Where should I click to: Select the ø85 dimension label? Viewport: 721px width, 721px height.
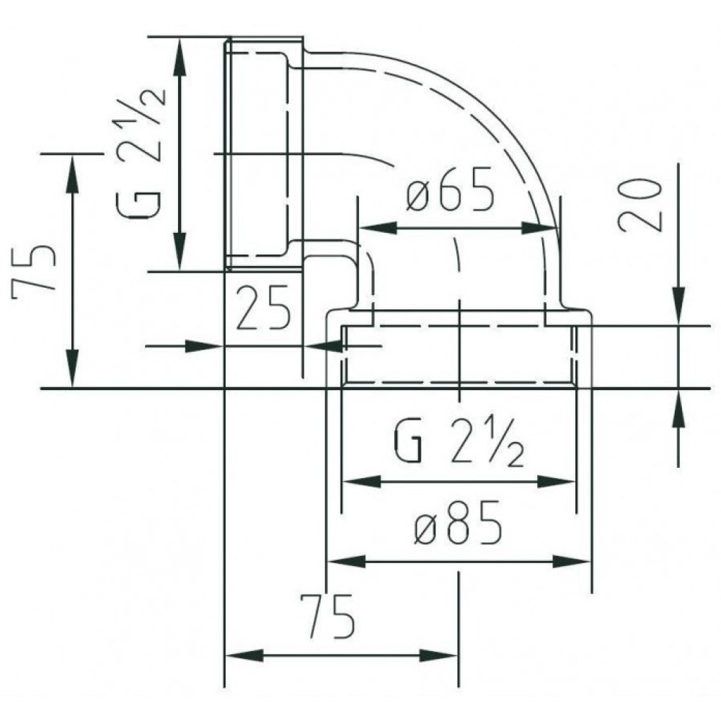(457, 523)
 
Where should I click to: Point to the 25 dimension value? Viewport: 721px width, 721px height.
(263, 306)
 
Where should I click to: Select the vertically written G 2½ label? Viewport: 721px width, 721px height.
(139, 153)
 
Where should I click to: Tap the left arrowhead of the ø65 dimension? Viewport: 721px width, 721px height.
(378, 227)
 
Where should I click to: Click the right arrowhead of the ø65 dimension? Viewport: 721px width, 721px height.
(539, 227)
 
